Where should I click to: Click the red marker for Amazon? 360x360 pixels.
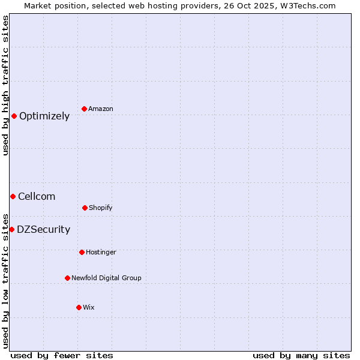pos(85,109)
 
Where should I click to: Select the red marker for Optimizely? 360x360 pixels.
pos(14,116)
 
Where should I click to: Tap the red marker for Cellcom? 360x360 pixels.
pos(13,196)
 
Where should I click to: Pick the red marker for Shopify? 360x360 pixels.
pos(85,208)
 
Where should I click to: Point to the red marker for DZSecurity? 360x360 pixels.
pos(11,229)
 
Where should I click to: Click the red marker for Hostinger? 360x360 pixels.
pos(82,252)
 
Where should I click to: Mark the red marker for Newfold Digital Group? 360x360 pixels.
pos(67,278)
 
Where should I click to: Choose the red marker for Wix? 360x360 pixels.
pos(79,307)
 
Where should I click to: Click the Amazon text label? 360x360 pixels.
pos(101,109)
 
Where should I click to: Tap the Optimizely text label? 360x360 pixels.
pos(44,116)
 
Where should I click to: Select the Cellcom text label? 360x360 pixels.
pos(37,197)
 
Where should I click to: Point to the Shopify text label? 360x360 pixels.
pos(101,208)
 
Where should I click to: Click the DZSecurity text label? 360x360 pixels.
pos(43,230)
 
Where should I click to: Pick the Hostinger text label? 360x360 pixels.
pos(101,252)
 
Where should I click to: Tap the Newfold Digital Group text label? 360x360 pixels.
pos(106,278)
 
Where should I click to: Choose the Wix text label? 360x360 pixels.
pos(89,307)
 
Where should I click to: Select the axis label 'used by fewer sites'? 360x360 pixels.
pos(62,355)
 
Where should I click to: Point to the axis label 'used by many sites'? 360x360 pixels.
pos(301,355)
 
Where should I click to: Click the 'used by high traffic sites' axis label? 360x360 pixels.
pos(5,85)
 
